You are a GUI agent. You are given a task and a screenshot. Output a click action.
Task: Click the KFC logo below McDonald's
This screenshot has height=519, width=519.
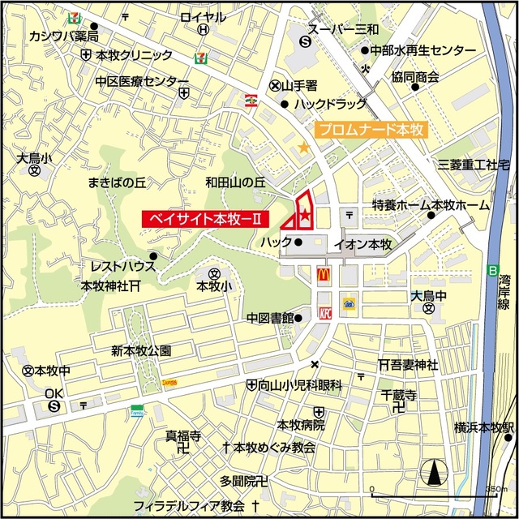click(x=324, y=311)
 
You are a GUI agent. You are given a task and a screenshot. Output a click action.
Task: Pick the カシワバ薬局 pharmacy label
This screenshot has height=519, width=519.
click(x=64, y=36)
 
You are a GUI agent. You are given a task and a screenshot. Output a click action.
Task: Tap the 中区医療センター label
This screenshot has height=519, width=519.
click(x=141, y=81)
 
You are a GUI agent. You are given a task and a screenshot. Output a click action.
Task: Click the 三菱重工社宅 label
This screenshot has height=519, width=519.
click(x=474, y=165)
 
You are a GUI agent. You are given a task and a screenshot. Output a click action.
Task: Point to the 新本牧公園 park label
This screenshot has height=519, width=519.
click(x=141, y=350)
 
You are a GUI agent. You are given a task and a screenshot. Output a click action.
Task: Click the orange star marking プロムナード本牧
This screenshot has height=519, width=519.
click(x=303, y=148)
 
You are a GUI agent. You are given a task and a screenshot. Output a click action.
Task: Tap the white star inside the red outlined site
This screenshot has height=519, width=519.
click(x=304, y=215)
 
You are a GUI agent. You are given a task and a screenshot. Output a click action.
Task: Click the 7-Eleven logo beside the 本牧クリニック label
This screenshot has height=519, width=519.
click(x=199, y=57)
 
